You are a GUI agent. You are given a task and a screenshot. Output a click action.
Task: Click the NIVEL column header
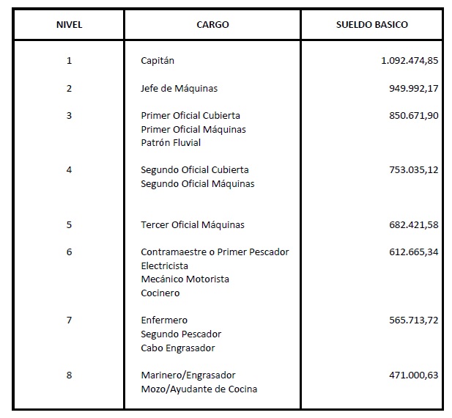tap(69, 24)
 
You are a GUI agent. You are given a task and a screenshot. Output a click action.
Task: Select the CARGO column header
tap(212, 24)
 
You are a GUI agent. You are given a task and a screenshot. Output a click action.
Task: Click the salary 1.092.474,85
tap(410, 61)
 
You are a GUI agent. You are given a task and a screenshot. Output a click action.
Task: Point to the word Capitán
tap(158, 61)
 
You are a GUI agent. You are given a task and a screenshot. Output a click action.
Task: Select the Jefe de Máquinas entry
tap(179, 89)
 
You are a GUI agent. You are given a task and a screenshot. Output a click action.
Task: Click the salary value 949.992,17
tap(414, 89)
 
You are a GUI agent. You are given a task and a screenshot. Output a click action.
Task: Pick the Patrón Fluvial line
tap(171, 143)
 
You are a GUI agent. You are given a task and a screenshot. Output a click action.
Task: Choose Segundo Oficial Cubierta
tap(195, 170)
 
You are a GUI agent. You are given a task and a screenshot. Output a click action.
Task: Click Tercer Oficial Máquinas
tap(193, 224)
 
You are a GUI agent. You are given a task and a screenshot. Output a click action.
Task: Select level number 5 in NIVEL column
tap(69, 224)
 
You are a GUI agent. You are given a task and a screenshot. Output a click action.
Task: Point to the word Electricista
tap(164, 265)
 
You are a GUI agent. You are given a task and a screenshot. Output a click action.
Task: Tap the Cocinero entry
tap(160, 293)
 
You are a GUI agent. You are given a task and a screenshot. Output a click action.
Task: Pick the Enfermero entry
tap(164, 320)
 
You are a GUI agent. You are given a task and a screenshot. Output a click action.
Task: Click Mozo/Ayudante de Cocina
tap(199, 389)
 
